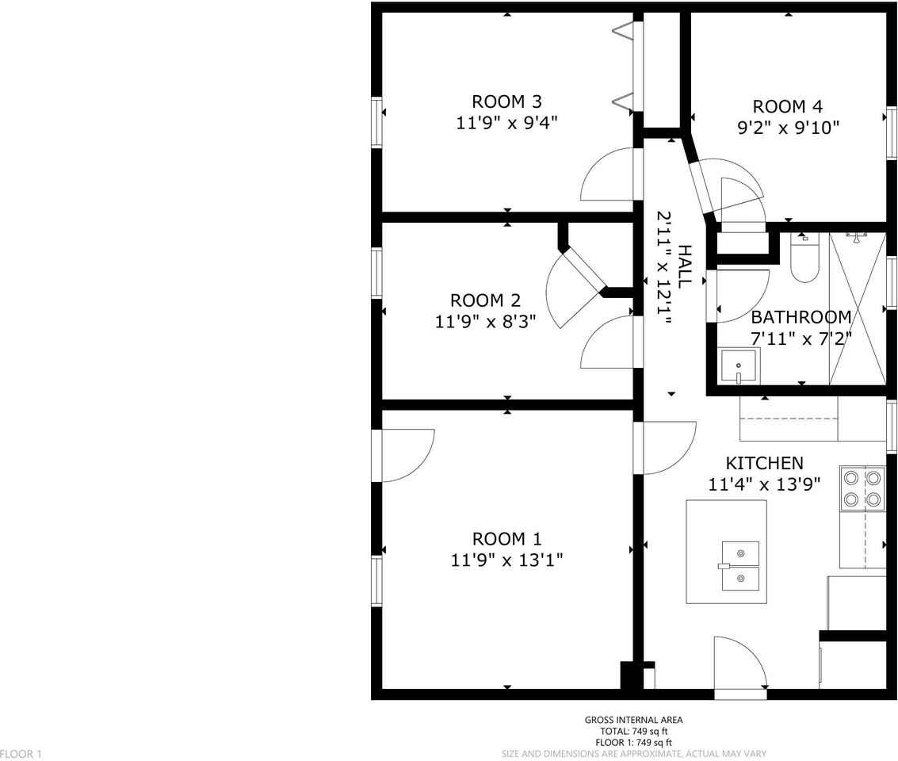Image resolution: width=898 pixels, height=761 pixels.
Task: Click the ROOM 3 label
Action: click(x=506, y=102)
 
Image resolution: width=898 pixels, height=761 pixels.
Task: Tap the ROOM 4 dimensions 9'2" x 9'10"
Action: click(x=788, y=127)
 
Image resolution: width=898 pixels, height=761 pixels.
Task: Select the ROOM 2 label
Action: click(x=485, y=300)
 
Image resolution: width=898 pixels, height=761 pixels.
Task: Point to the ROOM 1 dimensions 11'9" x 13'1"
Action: click(x=506, y=560)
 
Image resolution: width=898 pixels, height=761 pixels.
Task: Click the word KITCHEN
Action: click(x=765, y=463)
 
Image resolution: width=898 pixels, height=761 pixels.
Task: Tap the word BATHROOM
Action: click(x=801, y=316)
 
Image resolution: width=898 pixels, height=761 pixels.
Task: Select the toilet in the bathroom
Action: click(x=804, y=257)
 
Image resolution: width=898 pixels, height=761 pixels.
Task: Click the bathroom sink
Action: click(x=738, y=366)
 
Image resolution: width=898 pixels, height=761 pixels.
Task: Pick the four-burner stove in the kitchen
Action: click(x=862, y=488)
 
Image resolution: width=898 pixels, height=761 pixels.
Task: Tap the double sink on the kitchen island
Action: click(x=740, y=566)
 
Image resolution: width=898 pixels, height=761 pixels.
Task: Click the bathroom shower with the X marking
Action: click(x=858, y=308)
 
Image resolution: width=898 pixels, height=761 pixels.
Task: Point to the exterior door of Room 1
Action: click(x=403, y=455)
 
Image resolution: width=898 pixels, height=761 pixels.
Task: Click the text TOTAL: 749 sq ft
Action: click(x=633, y=731)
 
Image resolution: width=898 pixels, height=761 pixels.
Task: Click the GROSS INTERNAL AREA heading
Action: click(x=633, y=720)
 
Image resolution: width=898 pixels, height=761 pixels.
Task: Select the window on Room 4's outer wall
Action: click(x=892, y=132)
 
